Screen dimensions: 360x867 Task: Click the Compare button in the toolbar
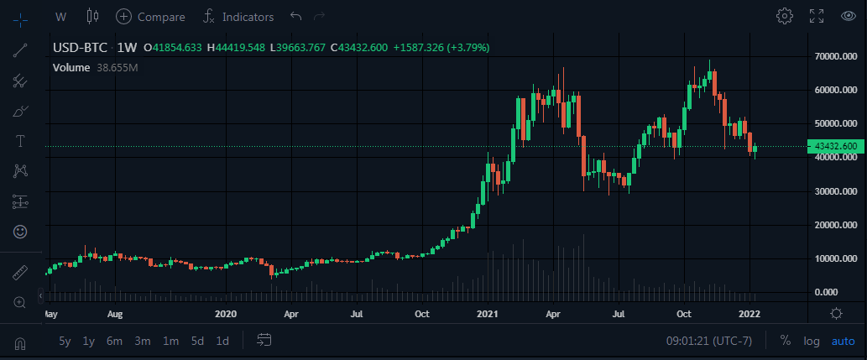click(150, 16)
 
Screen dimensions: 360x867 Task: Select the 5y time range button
click(65, 341)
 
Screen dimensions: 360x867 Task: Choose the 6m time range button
click(114, 341)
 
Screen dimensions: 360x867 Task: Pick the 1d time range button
click(222, 341)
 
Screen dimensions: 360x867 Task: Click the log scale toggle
click(812, 341)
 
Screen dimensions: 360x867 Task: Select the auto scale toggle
click(843, 341)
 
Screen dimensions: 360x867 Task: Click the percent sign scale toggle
click(786, 341)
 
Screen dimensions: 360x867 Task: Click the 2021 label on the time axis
click(488, 314)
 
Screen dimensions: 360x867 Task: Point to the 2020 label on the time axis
click(226, 314)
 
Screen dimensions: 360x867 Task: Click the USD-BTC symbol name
click(80, 47)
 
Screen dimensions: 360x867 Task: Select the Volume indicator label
click(71, 67)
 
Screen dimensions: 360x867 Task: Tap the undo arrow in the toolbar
click(295, 16)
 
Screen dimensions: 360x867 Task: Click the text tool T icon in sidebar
click(20, 140)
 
